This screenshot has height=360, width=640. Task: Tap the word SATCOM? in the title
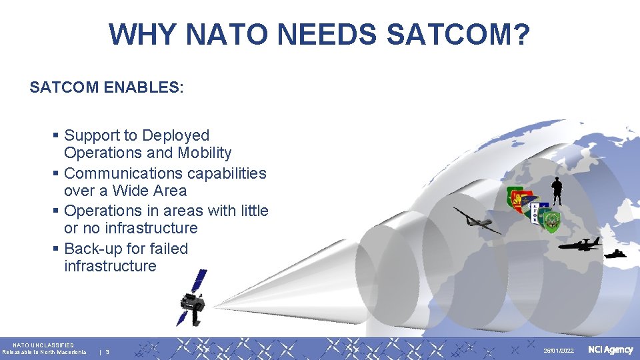pos(459,34)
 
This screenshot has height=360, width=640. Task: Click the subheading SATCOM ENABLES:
pos(107,87)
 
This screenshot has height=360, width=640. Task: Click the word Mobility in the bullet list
pos(205,153)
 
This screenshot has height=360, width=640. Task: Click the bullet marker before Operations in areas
pos(56,211)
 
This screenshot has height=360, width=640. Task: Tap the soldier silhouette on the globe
pos(557,191)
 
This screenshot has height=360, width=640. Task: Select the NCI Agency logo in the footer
pos(610,350)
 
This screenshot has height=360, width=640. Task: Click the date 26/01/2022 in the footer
pos(558,351)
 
